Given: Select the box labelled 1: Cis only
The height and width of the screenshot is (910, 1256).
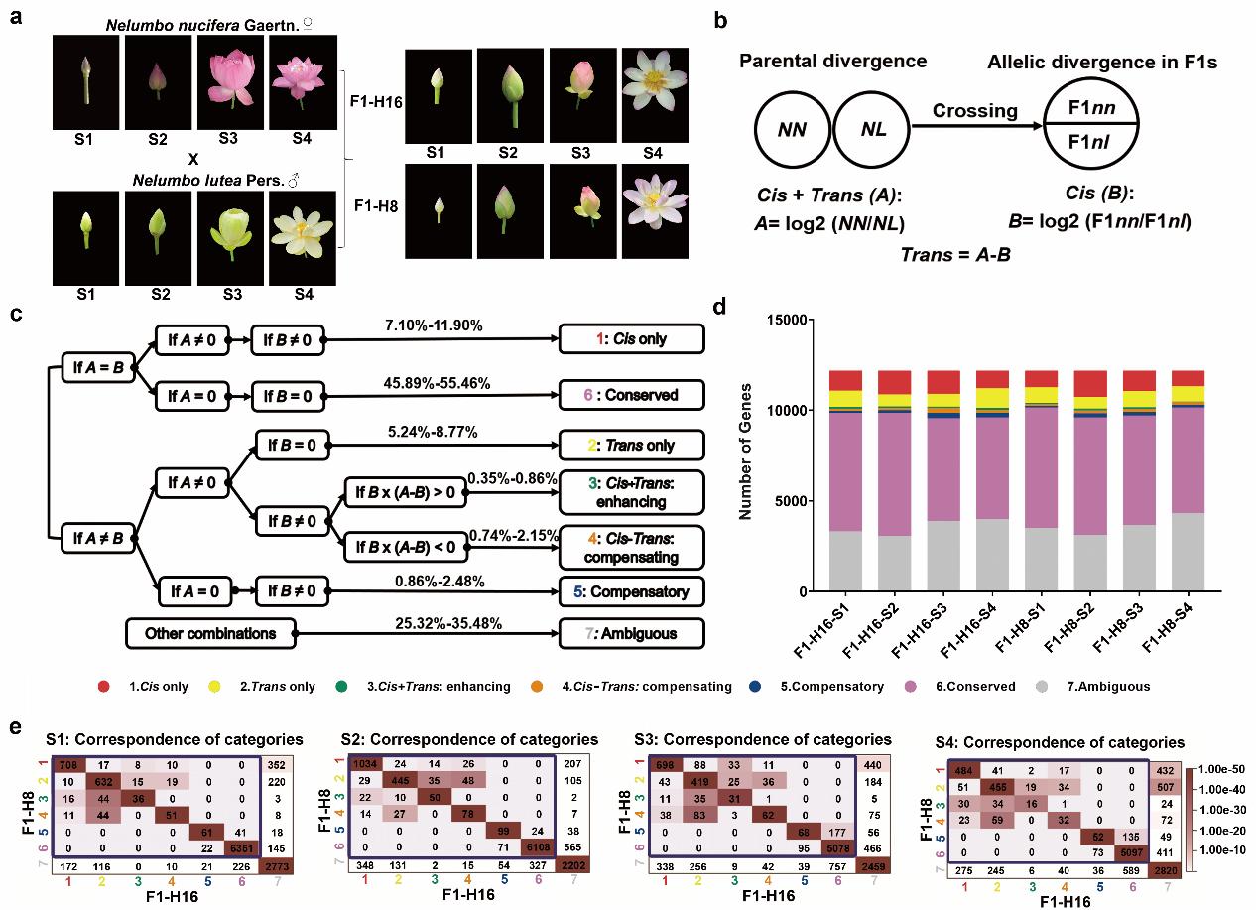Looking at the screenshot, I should [x=631, y=339].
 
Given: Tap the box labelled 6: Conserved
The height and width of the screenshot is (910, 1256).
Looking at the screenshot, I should [x=631, y=395].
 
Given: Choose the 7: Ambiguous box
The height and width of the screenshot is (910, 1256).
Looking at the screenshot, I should [x=631, y=633].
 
